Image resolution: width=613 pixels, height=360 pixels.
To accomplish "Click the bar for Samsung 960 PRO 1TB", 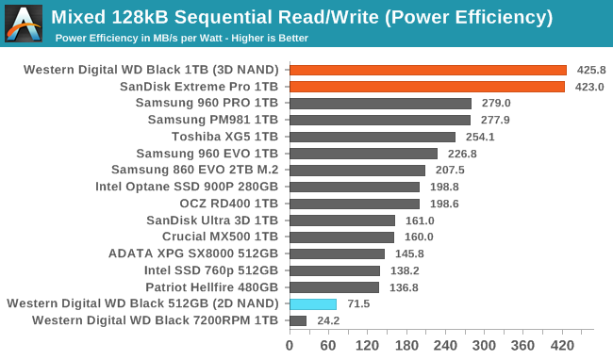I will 380,103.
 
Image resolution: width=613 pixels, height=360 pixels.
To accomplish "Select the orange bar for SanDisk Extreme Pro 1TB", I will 426,87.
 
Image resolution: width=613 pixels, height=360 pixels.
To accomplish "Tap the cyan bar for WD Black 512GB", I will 312,303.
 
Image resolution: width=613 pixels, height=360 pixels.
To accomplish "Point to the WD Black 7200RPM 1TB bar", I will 297,320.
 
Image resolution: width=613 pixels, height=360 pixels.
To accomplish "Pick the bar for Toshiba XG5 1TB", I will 372,137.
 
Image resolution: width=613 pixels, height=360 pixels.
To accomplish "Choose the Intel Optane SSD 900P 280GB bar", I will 354,187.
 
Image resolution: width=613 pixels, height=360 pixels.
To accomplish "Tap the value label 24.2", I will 329,320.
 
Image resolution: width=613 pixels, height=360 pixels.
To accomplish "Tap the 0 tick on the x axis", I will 290,345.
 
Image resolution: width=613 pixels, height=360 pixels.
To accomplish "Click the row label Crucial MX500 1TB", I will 220,237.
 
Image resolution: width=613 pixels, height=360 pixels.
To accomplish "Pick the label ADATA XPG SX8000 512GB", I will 201,254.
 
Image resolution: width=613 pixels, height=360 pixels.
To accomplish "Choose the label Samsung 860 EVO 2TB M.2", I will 194,170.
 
